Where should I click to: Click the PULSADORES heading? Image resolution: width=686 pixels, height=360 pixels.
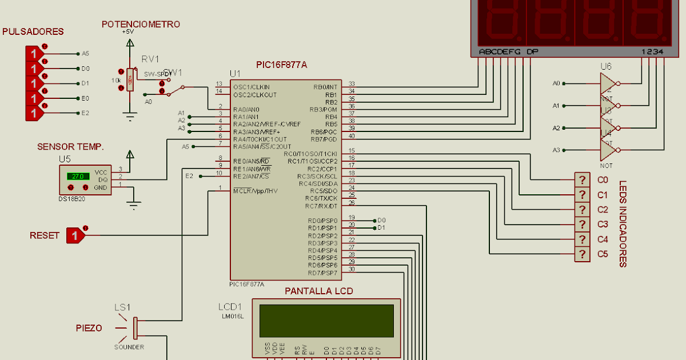(x=33, y=31)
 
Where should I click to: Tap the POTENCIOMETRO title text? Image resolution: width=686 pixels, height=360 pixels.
(x=141, y=24)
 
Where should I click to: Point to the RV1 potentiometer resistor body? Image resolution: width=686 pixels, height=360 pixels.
(x=130, y=80)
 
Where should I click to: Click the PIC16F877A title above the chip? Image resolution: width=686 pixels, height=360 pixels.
(x=282, y=65)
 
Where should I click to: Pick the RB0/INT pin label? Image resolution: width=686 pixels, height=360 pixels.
(x=325, y=87)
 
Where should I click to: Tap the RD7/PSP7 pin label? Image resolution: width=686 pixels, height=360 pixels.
(x=322, y=273)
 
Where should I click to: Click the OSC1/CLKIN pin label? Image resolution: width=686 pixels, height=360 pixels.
(x=251, y=87)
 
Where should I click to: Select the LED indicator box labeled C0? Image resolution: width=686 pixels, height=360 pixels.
(x=582, y=180)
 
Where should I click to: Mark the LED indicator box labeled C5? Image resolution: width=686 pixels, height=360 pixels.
(x=582, y=254)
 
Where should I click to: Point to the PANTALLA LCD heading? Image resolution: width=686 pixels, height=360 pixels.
(x=319, y=291)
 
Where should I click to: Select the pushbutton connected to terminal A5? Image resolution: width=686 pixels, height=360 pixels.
(x=34, y=54)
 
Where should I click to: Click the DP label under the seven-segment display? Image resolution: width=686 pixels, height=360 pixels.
(x=532, y=52)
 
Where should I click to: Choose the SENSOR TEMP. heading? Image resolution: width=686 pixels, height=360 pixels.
(x=71, y=147)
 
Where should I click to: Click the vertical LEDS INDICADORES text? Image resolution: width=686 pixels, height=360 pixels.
(x=623, y=223)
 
